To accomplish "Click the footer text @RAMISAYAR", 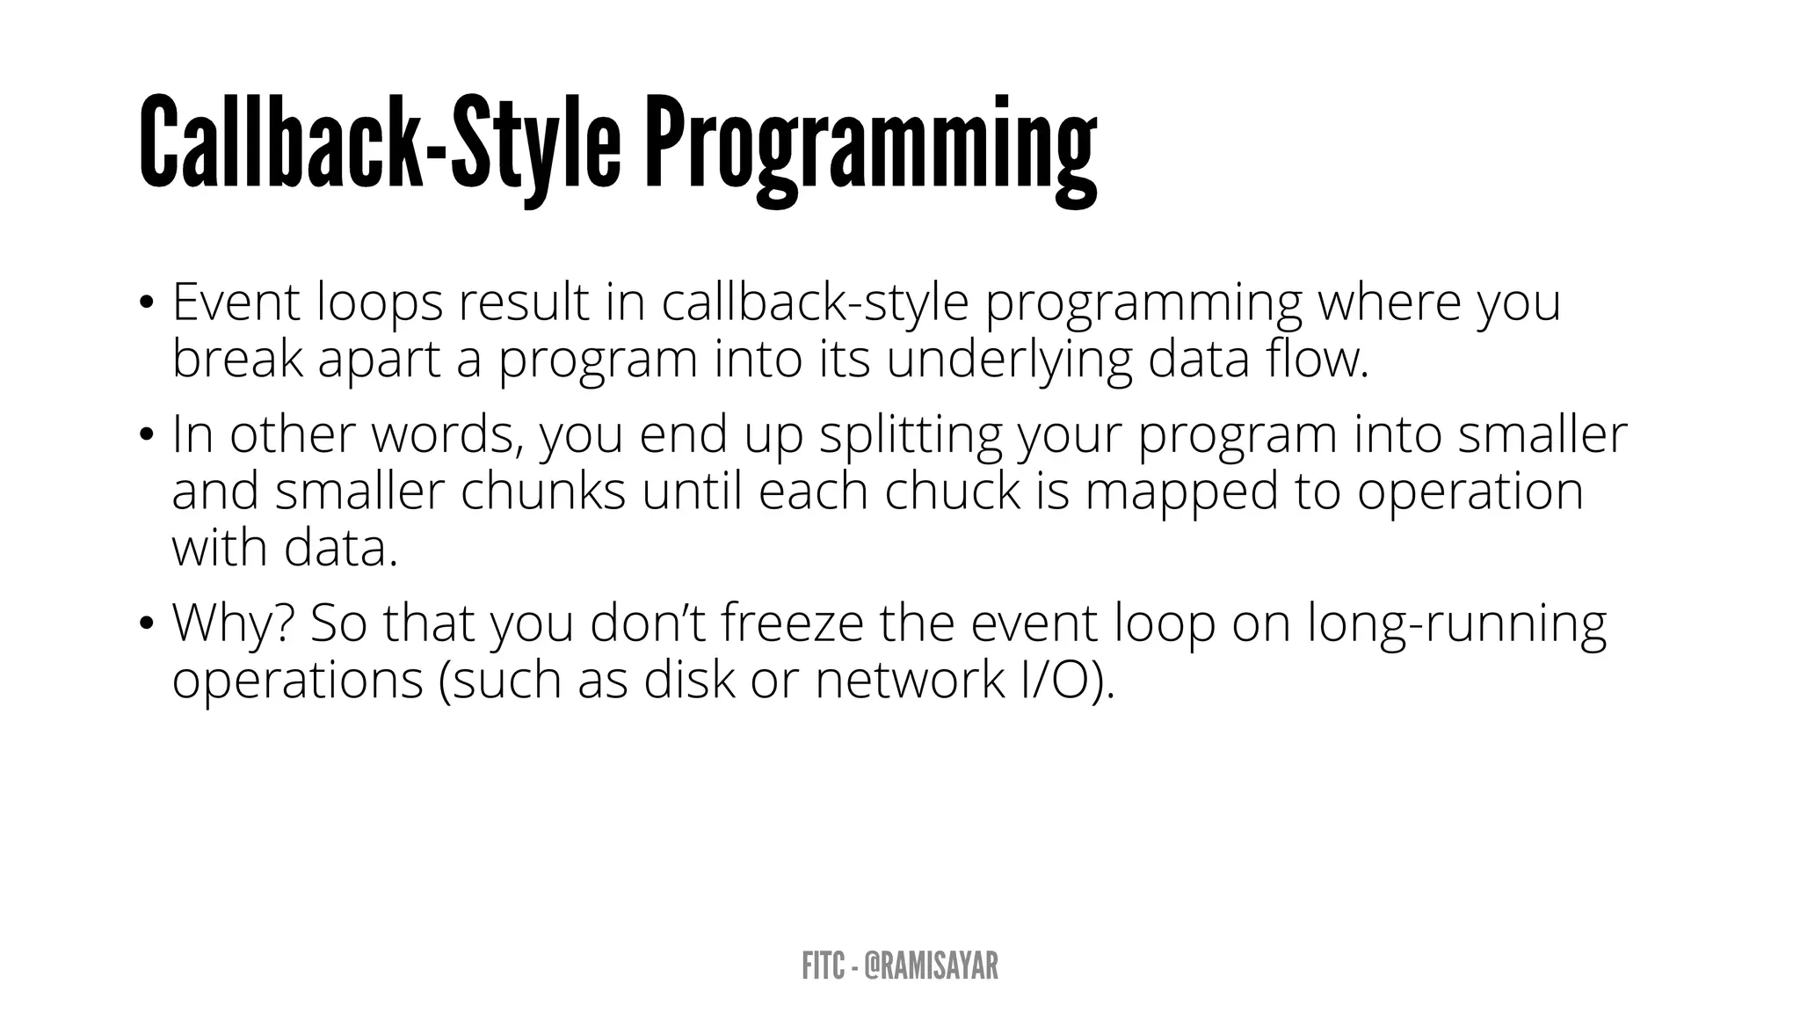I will pyautogui.click(x=931, y=966).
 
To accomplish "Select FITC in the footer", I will pyautogui.click(x=821, y=966).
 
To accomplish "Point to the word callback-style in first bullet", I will pyautogui.click(x=815, y=302).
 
